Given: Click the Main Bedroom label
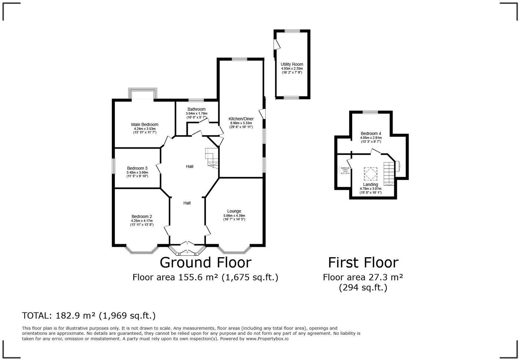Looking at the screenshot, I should pyautogui.click(x=145, y=125).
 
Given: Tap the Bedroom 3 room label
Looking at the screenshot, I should pyautogui.click(x=137, y=168).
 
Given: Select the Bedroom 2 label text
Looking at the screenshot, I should pyautogui.click(x=142, y=217).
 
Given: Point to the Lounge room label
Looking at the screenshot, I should pyautogui.click(x=234, y=211).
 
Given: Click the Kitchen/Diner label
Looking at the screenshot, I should pyautogui.click(x=241, y=119).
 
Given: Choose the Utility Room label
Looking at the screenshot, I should pyautogui.click(x=292, y=64).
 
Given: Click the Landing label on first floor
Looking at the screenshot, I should pyautogui.click(x=370, y=184).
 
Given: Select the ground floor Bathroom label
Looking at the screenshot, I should pyautogui.click(x=196, y=109).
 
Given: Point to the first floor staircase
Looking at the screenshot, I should pyautogui.click(x=389, y=173).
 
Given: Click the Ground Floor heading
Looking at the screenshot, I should pyautogui.click(x=205, y=262).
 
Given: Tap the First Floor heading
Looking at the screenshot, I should pyautogui.click(x=363, y=262).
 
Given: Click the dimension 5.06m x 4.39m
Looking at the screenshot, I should pyautogui.click(x=234, y=215).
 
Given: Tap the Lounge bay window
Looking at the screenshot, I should pyautogui.click(x=234, y=250).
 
